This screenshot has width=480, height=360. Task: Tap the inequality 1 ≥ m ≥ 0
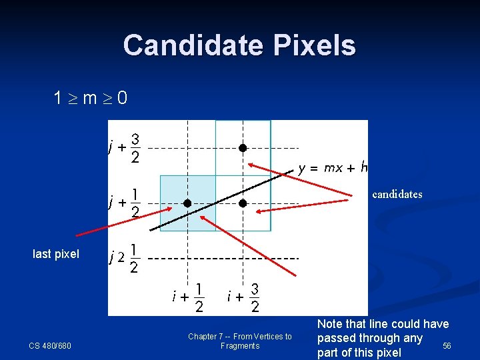(91, 99)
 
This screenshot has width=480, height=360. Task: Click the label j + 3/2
(125, 147)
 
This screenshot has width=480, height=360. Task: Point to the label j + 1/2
(125, 202)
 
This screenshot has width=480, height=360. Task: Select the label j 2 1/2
(125, 257)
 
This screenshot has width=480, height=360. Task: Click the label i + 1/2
(188, 297)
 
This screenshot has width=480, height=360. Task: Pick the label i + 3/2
(243, 297)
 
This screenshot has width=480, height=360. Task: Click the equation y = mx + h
(333, 168)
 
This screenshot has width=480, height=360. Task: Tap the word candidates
(397, 195)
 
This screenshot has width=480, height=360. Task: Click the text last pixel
(56, 254)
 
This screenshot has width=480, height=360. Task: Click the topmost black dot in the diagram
(243, 147)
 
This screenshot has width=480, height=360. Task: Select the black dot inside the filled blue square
(188, 203)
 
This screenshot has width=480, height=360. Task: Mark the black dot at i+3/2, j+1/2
(243, 203)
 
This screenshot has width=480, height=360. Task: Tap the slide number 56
(447, 345)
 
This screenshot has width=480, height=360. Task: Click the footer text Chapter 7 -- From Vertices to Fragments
(240, 341)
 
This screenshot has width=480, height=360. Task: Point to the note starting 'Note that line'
(383, 338)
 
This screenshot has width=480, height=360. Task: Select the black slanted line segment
(220, 200)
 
